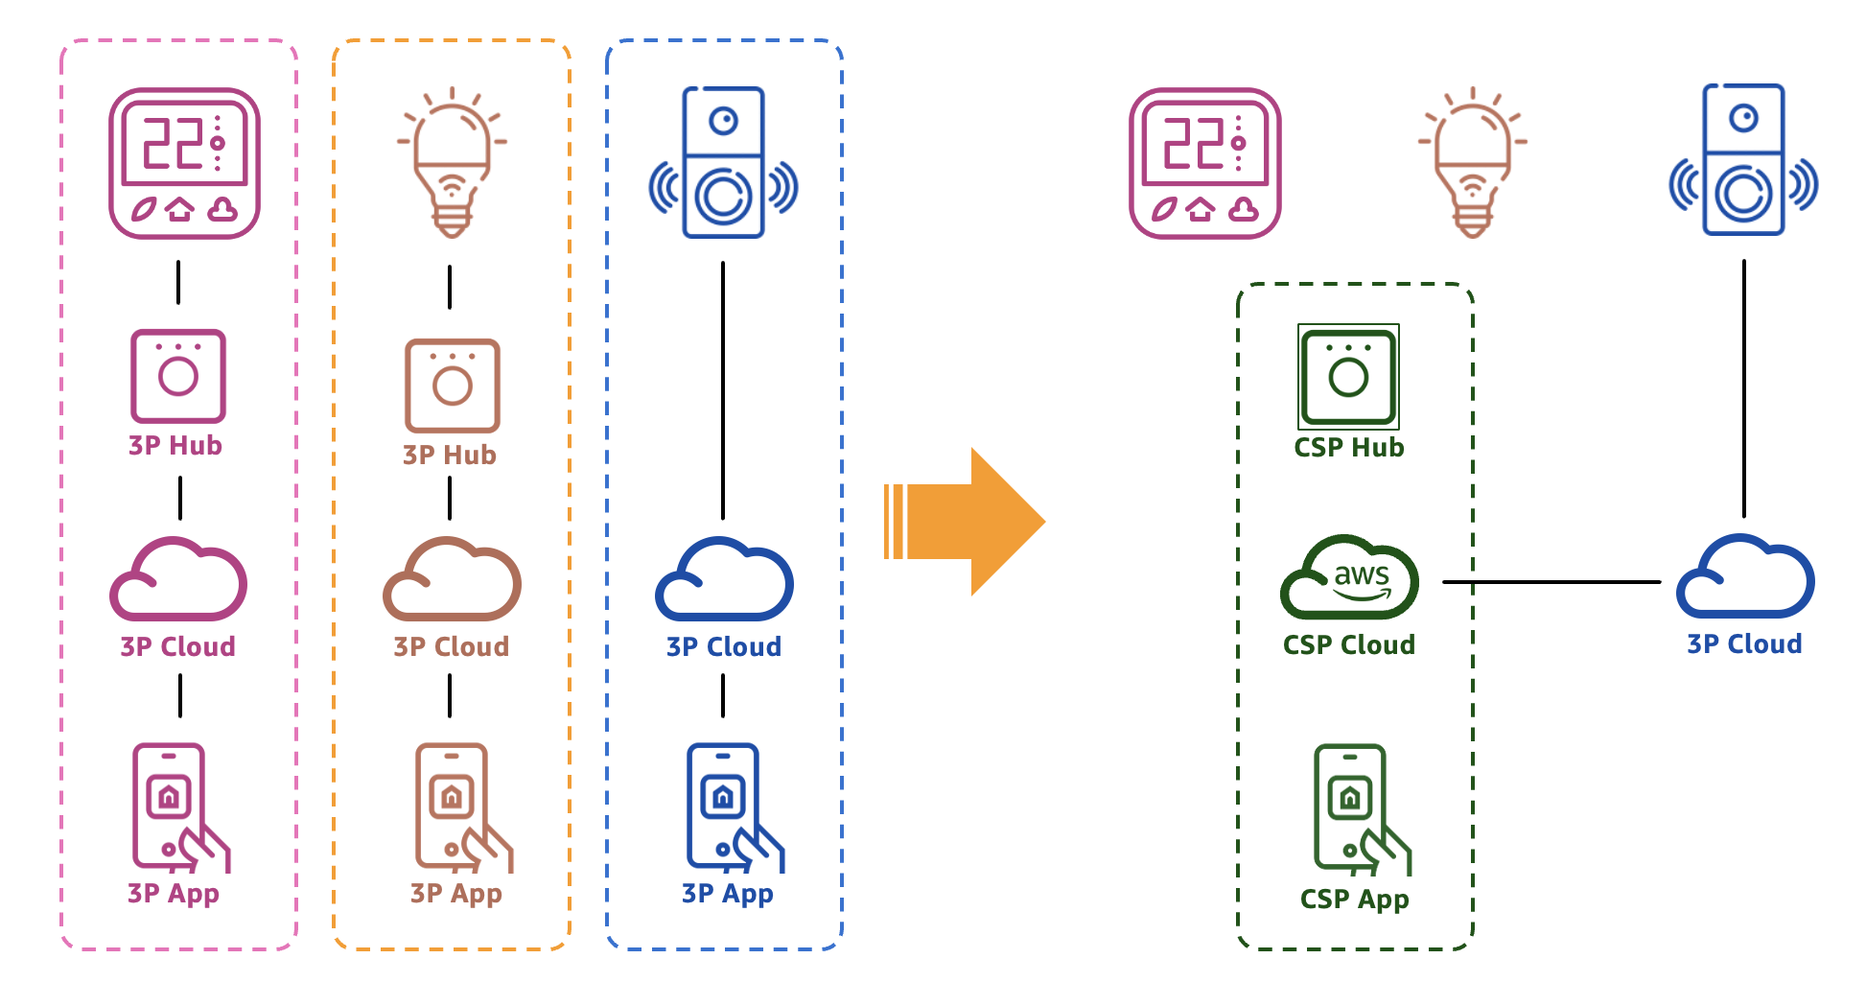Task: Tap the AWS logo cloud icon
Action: click(x=1350, y=578)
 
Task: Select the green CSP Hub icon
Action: click(x=1348, y=377)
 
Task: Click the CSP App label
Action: click(x=1354, y=900)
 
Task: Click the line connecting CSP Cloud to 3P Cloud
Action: click(x=1551, y=581)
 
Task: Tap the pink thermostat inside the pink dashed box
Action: click(x=184, y=163)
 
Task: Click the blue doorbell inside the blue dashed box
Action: click(x=724, y=163)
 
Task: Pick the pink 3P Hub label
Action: click(x=175, y=446)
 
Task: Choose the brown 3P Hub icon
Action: click(x=452, y=385)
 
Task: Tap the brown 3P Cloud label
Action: click(x=451, y=646)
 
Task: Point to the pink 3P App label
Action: click(x=174, y=894)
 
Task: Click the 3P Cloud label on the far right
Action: click(x=1744, y=644)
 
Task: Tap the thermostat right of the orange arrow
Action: click(x=1205, y=163)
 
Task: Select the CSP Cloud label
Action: click(x=1349, y=644)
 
